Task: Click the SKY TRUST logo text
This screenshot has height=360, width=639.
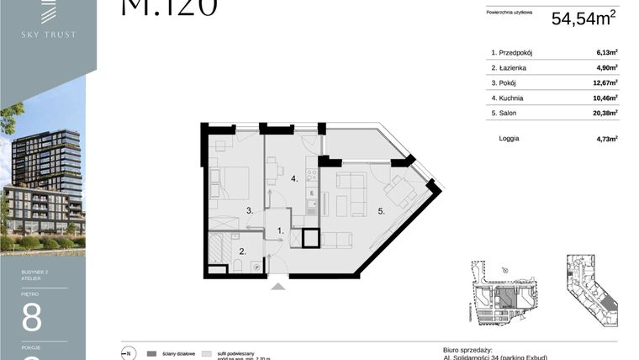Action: pos(49,34)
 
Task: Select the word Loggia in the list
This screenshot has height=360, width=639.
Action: pos(509,138)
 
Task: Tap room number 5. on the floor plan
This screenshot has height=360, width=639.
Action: pos(381,211)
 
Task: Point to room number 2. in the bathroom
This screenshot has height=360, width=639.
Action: pos(243,251)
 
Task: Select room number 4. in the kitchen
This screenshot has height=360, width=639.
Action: pos(294,179)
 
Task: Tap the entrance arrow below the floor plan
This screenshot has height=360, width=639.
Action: pos(279,287)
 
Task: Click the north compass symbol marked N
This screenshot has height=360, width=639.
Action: pos(129,352)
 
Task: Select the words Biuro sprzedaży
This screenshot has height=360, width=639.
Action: pos(467,349)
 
